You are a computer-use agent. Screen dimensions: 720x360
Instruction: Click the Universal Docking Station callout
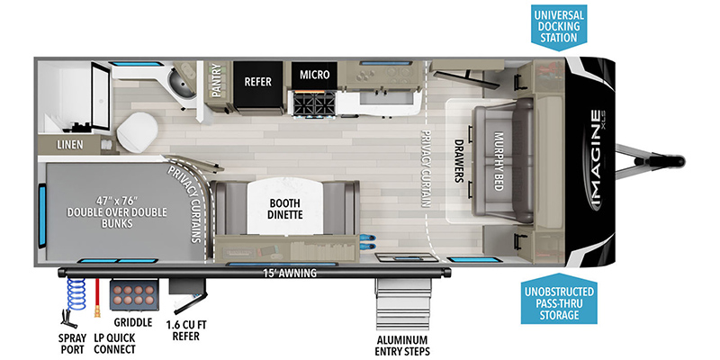click(558, 26)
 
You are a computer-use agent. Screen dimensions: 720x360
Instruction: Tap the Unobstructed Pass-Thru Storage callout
click(559, 298)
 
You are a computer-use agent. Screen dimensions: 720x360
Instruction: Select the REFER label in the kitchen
click(258, 82)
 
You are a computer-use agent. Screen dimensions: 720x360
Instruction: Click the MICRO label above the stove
click(314, 74)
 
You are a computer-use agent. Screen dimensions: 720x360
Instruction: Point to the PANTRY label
click(216, 80)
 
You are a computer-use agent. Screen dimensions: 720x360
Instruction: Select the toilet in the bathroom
click(137, 131)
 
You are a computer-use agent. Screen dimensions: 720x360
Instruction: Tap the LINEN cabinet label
click(70, 145)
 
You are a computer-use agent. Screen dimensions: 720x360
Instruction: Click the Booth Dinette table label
click(284, 209)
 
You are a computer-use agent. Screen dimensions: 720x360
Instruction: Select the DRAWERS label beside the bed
click(458, 161)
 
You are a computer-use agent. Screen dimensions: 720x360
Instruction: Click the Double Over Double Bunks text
click(117, 212)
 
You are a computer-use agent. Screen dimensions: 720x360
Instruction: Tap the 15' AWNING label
click(289, 273)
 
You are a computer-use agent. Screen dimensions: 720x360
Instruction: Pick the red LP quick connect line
click(97, 297)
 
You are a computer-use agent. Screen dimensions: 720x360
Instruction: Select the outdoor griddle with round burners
click(134, 294)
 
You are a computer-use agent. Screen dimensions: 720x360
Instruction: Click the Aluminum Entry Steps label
click(402, 346)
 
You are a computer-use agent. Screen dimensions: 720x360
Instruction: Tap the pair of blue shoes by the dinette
click(368, 242)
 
